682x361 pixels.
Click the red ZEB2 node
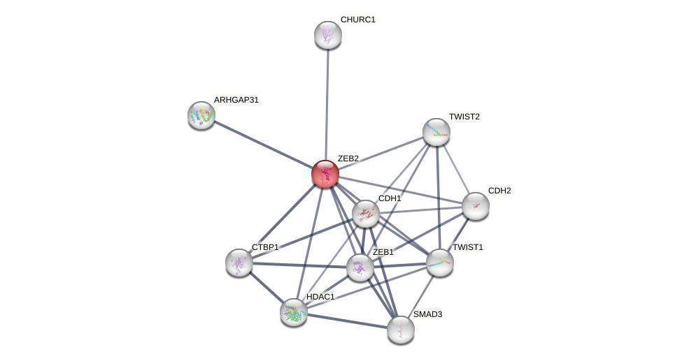click(325, 174)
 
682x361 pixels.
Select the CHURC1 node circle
click(327, 35)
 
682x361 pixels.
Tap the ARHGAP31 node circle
click(201, 115)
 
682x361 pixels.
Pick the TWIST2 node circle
click(436, 132)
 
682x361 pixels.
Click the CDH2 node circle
click(476, 206)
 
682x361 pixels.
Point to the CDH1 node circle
click(365, 214)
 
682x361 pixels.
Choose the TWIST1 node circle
click(440, 263)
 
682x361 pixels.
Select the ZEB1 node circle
click(360, 267)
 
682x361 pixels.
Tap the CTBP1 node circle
click(239, 262)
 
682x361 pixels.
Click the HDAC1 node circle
click(294, 312)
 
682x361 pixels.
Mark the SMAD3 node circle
click(401, 330)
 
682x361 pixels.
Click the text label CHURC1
click(357, 20)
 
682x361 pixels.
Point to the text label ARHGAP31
click(236, 100)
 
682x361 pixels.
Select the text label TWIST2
click(464, 116)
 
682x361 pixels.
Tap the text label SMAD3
click(427, 314)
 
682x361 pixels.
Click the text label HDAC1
click(320, 297)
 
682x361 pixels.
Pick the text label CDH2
click(499, 191)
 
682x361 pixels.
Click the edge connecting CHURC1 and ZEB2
click(327, 105)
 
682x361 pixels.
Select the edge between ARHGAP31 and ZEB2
click(263, 145)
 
